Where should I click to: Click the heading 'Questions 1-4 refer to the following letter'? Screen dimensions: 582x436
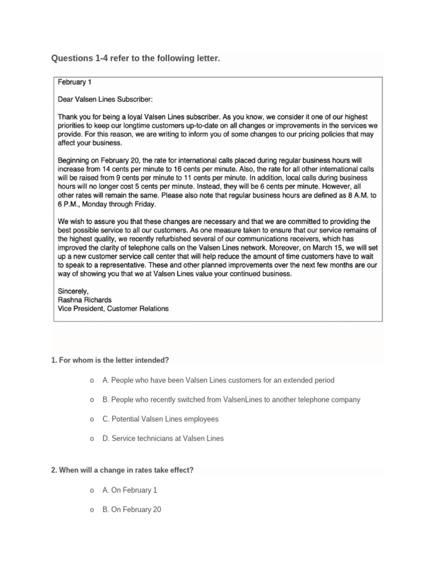click(x=135, y=58)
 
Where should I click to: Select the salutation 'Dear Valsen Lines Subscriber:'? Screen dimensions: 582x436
click(x=106, y=99)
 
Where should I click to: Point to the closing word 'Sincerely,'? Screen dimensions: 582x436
click(x=74, y=291)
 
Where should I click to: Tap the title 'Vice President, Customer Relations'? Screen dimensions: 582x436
click(x=114, y=309)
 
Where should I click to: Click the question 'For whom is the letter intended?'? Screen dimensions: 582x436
click(x=111, y=360)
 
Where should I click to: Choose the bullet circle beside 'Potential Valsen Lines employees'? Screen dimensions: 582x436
click(x=91, y=419)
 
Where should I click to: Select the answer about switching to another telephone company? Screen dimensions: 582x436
click(x=231, y=400)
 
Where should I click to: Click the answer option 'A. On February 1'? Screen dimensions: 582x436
click(x=130, y=490)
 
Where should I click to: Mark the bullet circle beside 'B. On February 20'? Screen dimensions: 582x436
click(x=91, y=510)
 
